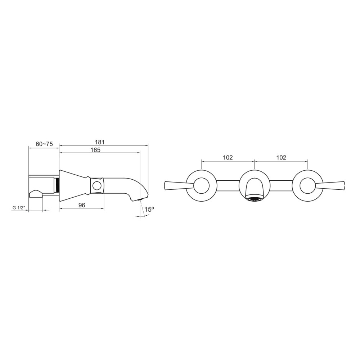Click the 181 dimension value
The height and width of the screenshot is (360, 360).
[x=100, y=142]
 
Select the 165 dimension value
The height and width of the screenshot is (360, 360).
[x=95, y=150]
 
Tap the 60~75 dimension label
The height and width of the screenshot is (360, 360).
[x=44, y=144]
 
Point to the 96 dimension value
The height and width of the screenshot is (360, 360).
[x=82, y=205]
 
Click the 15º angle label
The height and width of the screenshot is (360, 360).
[x=149, y=209]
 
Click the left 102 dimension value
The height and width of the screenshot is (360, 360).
[x=228, y=158]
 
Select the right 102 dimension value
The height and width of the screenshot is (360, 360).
[x=281, y=158]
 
